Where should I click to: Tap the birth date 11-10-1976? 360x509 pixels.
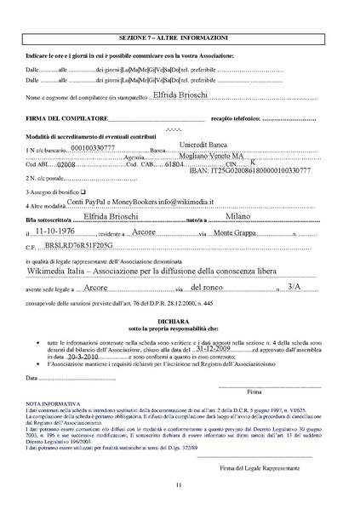(x=60, y=231)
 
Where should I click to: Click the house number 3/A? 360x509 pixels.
(x=294, y=288)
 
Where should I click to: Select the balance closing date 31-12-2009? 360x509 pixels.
(x=214, y=348)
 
